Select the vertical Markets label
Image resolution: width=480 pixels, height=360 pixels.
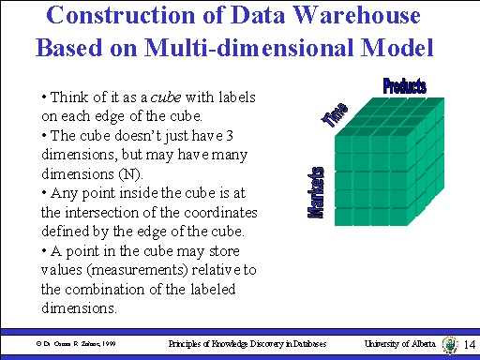click(317, 194)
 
